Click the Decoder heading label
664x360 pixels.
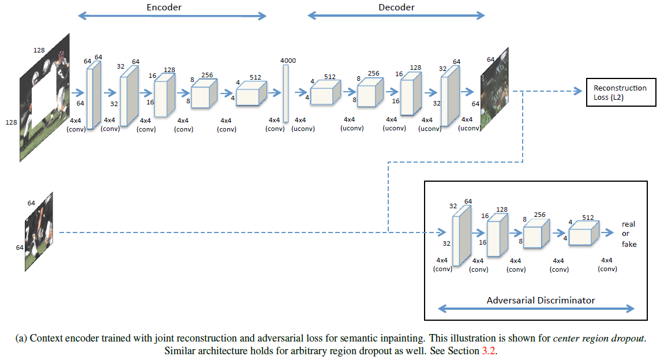point(396,7)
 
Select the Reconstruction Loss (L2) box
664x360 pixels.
point(621,92)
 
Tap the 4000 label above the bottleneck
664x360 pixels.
point(288,60)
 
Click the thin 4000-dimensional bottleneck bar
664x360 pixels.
point(285,93)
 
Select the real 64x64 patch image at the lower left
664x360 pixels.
point(39,232)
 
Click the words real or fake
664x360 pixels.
point(628,234)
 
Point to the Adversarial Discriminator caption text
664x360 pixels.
point(540,300)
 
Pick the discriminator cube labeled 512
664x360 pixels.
point(584,234)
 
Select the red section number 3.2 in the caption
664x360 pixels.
point(489,350)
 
